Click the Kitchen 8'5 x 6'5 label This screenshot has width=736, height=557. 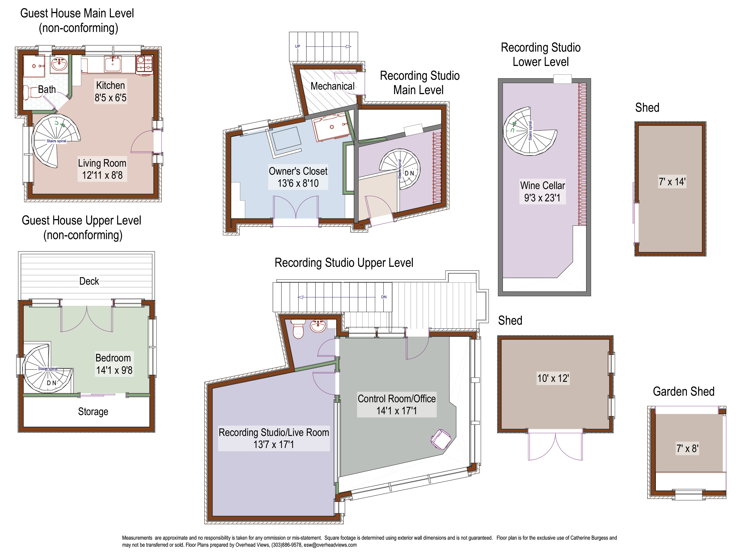tap(110, 91)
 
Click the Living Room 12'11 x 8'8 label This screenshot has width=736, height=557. tap(102, 169)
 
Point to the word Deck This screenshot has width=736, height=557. tap(89, 281)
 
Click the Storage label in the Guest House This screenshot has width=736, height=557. tap(93, 412)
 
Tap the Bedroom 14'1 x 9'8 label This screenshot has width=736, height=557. tap(114, 364)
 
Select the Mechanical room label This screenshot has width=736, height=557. tap(332, 86)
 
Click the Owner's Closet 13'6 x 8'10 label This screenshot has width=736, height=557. tap(298, 177)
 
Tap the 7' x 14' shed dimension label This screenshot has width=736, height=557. tap(672, 182)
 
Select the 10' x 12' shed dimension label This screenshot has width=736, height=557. tap(553, 378)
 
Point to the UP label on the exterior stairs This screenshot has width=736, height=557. tap(298, 46)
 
